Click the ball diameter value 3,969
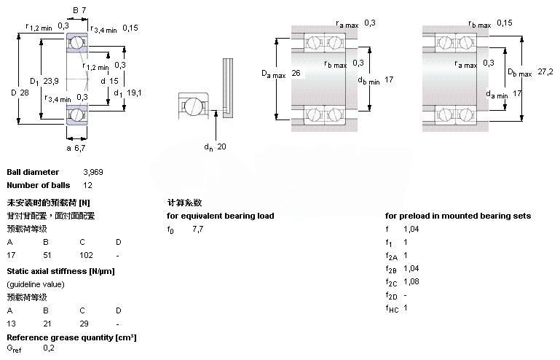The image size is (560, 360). pyautogui.click(x=93, y=172)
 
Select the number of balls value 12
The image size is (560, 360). pyautogui.click(x=87, y=185)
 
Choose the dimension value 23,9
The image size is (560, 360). pyautogui.click(x=51, y=80)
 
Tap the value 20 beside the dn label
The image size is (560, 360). pyautogui.click(x=221, y=146)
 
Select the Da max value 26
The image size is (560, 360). pyautogui.click(x=296, y=74)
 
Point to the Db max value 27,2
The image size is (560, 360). pyautogui.click(x=544, y=71)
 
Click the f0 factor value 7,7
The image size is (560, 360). pyautogui.click(x=197, y=229)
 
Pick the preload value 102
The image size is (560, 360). pyautogui.click(x=87, y=255)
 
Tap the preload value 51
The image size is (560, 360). pyautogui.click(x=48, y=255)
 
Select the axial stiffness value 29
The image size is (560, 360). pyautogui.click(x=84, y=323)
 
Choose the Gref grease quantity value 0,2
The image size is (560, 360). pyautogui.click(x=49, y=348)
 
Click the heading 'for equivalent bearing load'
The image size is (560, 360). pyautogui.click(x=221, y=216)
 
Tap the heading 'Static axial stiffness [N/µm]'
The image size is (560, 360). pyautogui.click(x=60, y=271)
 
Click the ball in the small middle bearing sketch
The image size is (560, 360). pyautogui.click(x=194, y=107)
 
